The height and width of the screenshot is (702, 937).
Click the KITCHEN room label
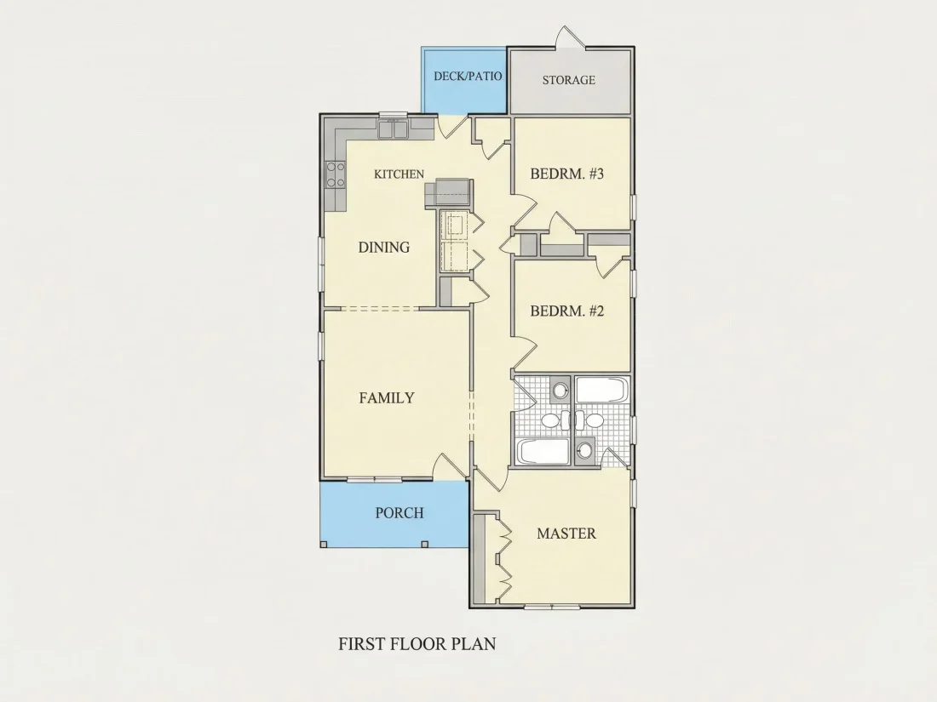pos(399,174)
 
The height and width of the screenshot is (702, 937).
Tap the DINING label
pos(383,247)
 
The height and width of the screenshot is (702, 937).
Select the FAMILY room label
pos(387,398)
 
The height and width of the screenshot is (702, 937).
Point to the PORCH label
pos(400,513)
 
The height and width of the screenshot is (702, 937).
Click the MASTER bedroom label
pos(566,534)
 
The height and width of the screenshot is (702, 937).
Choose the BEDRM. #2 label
pos(567,311)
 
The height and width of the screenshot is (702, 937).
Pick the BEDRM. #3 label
pos(567,174)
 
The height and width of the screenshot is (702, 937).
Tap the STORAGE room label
pos(568,80)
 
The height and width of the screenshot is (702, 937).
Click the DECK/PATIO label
pos(468,77)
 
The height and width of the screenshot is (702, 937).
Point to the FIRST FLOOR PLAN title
pos(417,644)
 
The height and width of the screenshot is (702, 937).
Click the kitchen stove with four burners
pos(335,175)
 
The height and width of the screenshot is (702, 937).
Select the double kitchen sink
pos(392,129)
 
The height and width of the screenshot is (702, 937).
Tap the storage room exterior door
pos(569,37)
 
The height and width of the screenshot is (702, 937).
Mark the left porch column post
pos(324,544)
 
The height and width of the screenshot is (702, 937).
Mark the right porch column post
pos(425,544)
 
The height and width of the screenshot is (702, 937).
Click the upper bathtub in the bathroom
pos(601,390)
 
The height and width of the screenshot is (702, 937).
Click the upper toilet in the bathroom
pos(560,391)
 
